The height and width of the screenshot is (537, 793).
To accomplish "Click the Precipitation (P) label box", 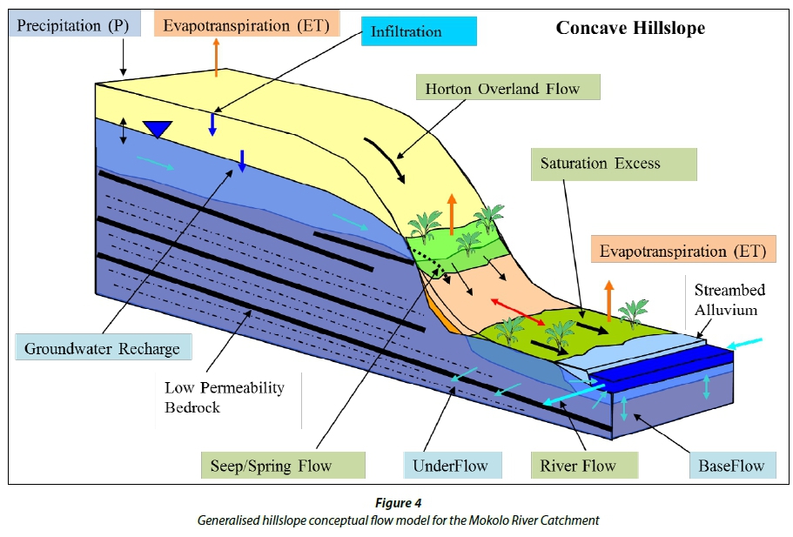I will pos(73,25).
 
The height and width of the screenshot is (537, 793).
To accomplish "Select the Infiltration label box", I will pos(419,31).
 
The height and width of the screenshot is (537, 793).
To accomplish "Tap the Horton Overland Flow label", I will pos(502,89).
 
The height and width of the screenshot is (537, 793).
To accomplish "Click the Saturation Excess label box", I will pos(600,164).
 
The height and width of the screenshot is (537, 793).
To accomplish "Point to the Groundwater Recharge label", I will pos(102,349).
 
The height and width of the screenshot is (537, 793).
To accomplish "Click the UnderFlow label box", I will pos(452,466).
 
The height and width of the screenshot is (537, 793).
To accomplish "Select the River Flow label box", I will pos(578,466).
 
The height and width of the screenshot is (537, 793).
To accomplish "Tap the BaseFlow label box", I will pos(731,466).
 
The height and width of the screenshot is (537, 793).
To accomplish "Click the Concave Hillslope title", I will pos(630,29).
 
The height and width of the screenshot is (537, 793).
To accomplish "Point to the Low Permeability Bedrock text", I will pos(225,396).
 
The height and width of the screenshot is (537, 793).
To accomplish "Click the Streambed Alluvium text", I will pos(729,299).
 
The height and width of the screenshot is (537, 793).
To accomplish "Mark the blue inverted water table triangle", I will pos(157,129).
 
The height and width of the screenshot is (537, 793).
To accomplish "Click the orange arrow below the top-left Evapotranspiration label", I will pos(216,57).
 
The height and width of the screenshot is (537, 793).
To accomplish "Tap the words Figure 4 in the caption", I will pos(398,503).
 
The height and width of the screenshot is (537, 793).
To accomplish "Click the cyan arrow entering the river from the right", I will pos(744,344).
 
